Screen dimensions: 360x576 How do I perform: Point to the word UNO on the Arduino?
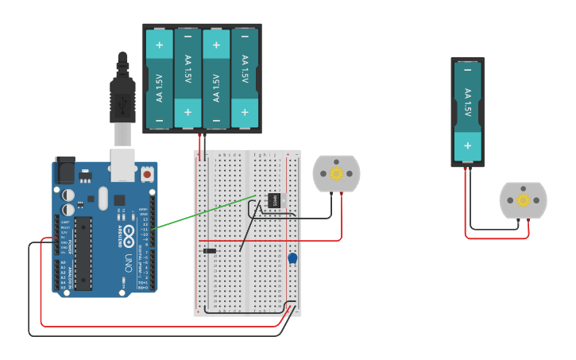pyautogui.click(x=128, y=263)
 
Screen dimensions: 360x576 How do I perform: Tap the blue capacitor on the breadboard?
pyautogui.click(x=292, y=258)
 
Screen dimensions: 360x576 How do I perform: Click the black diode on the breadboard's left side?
pyautogui.click(x=209, y=251)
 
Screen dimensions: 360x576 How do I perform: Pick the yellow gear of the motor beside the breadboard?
pyautogui.click(x=336, y=173)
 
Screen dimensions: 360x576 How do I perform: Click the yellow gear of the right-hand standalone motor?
pyautogui.click(x=523, y=200)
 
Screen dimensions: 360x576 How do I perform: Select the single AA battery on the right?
pyautogui.click(x=467, y=111)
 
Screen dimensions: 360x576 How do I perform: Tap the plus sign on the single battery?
pyautogui.click(x=467, y=145)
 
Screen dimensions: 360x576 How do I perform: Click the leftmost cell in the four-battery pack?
pyautogui.click(x=160, y=78)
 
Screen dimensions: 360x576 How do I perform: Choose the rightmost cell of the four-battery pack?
pyautogui.click(x=245, y=78)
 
